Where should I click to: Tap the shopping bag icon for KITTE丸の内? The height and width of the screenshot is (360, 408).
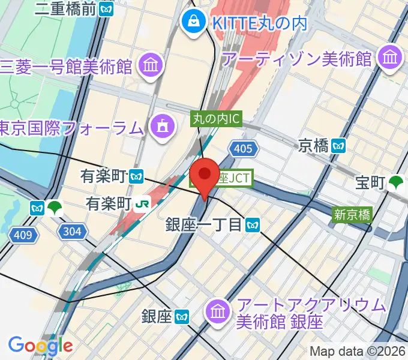194,23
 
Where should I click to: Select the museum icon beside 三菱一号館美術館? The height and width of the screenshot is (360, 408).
150,65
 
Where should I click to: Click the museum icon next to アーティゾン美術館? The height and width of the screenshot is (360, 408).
391,59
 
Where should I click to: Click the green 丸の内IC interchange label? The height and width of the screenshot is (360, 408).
216,119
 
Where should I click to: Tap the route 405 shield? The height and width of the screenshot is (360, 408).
242,148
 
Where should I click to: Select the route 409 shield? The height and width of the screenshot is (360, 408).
22,235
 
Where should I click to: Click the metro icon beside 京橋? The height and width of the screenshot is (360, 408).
339,145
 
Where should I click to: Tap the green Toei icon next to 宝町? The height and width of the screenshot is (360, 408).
396,182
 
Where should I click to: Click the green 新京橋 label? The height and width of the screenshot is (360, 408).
352,214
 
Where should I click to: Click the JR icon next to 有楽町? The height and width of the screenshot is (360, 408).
143,203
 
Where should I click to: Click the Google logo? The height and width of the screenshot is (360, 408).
40,345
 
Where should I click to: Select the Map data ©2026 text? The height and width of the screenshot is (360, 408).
358,351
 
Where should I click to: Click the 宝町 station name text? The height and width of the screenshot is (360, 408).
368,183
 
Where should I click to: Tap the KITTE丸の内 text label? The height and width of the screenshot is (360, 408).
259,23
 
